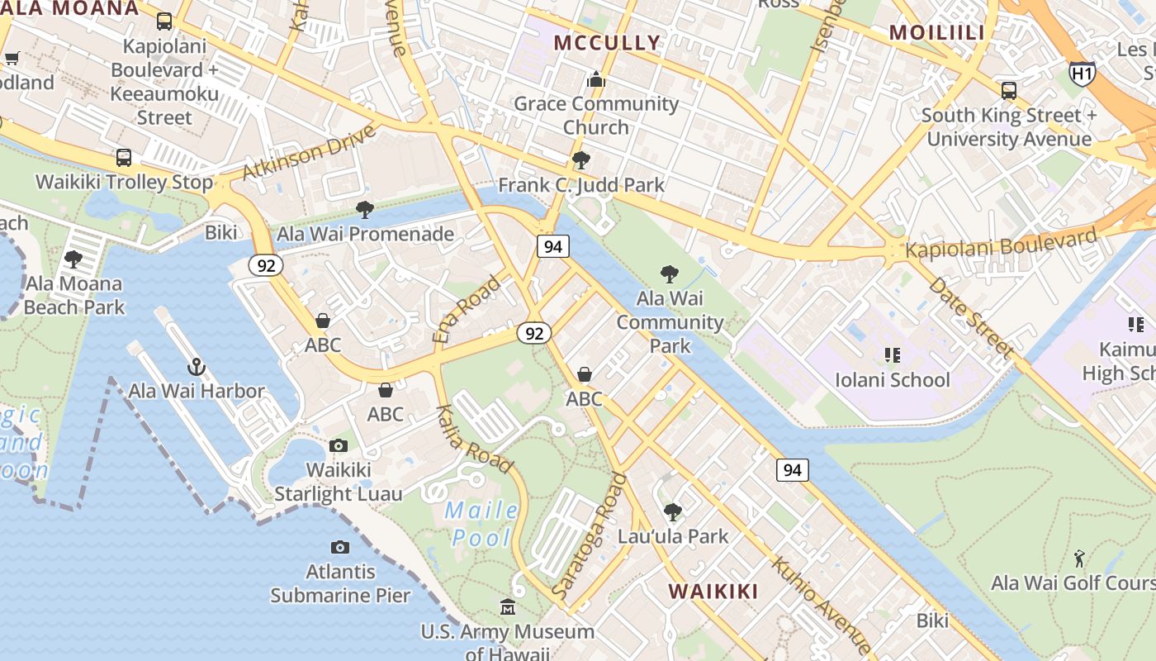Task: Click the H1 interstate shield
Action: (x=1082, y=74)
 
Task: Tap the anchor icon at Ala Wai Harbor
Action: (x=197, y=366)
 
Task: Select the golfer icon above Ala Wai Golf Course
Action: (x=1079, y=559)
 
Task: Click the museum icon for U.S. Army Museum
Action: (x=508, y=608)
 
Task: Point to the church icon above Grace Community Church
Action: (x=595, y=80)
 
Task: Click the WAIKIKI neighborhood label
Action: (x=713, y=592)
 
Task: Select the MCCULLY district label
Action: (x=607, y=43)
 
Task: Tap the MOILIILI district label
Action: (x=937, y=33)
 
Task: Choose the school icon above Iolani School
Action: (x=892, y=355)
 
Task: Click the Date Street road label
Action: (x=971, y=316)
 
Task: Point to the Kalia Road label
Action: (x=474, y=439)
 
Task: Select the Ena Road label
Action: (x=467, y=310)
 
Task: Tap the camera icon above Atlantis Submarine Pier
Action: (x=339, y=547)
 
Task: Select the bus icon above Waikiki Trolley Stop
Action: (x=124, y=157)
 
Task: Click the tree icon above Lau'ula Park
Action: (x=673, y=512)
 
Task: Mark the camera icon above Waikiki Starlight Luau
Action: (x=338, y=446)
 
